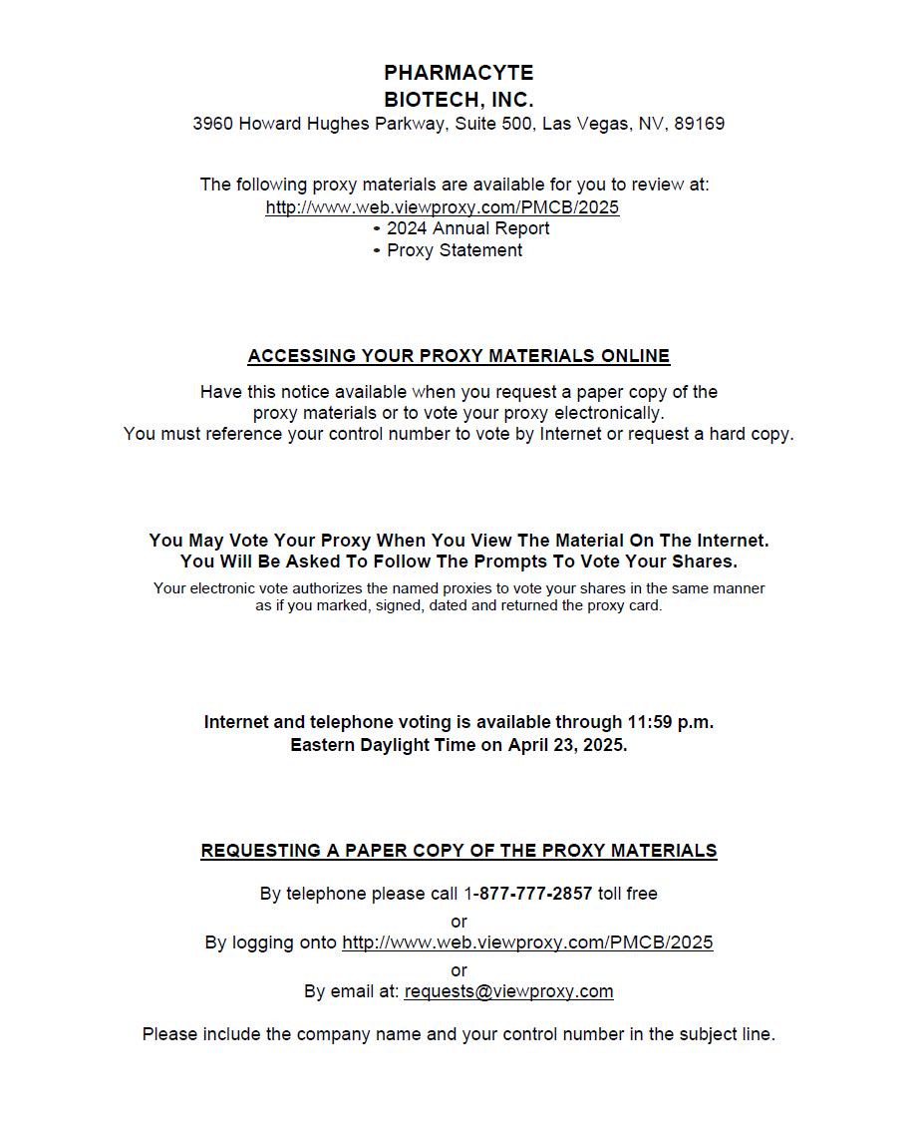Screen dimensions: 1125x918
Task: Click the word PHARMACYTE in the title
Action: click(459, 73)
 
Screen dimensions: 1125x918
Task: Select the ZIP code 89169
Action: click(699, 125)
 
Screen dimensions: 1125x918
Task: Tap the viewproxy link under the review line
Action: click(442, 207)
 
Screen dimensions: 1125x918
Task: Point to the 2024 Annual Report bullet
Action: click(466, 228)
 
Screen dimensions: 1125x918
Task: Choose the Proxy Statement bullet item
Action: click(454, 250)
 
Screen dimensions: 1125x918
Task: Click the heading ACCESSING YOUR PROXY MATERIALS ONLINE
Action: click(459, 356)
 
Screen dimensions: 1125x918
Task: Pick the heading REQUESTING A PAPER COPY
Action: click(459, 851)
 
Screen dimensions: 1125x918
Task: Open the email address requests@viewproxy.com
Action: click(508, 991)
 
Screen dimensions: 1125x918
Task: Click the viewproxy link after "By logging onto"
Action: click(527, 942)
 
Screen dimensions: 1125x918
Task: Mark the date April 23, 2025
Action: click(567, 745)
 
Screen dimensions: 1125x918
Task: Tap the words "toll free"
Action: click(628, 894)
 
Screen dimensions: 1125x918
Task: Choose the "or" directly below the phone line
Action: click(459, 921)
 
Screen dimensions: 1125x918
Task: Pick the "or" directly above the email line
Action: click(459, 969)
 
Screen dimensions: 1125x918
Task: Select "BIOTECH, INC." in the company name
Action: click(459, 100)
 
